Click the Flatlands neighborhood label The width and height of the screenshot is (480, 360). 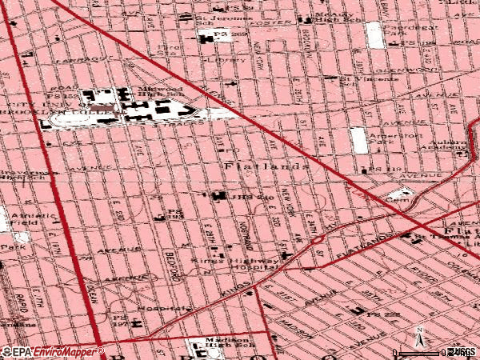[x=264, y=166]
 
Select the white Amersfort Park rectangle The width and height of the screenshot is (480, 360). [x=359, y=140]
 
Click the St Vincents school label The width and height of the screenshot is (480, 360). [x=358, y=79]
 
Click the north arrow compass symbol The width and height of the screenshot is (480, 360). [x=418, y=337]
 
